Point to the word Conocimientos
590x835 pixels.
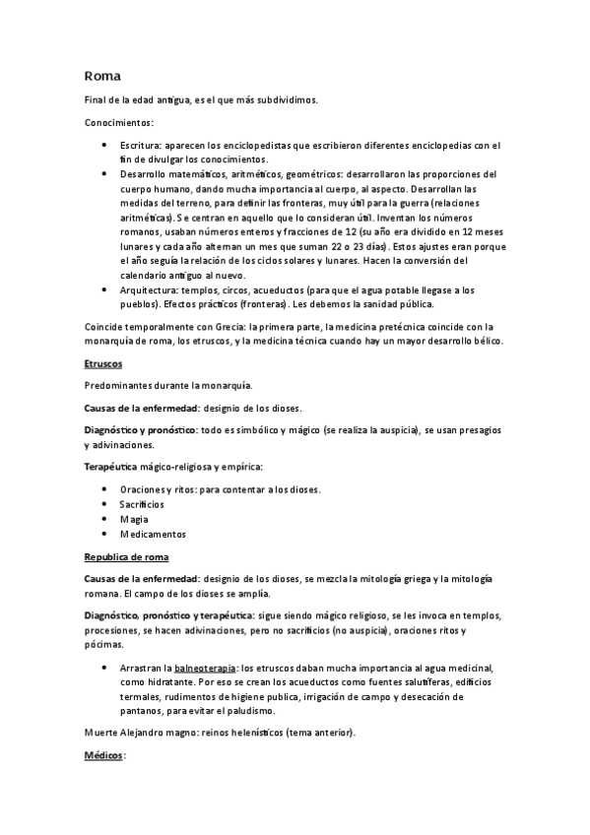(x=118, y=123)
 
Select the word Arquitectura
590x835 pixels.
(x=152, y=290)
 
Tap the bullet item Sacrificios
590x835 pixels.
(x=142, y=504)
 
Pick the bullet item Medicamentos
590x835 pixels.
(x=152, y=534)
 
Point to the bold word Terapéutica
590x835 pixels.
(x=113, y=466)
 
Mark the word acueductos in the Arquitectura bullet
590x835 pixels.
(x=276, y=290)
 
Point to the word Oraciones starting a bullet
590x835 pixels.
(x=142, y=489)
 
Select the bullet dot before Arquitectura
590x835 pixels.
(x=105, y=290)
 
